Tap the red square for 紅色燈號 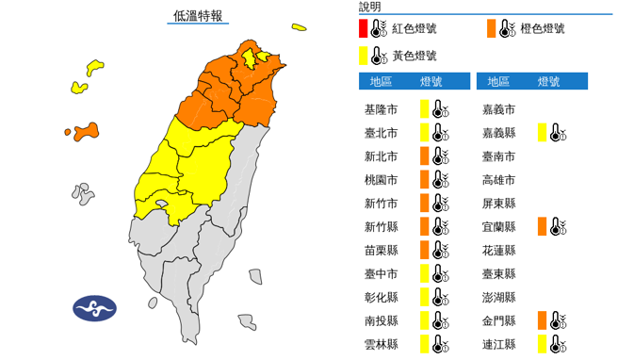point(365,28)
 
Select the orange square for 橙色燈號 point(493,28)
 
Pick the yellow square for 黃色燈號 point(365,56)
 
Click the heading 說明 point(369,7)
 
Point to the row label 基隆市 point(381,109)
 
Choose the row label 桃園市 point(381,180)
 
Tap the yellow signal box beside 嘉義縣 point(543,133)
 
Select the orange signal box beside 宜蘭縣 point(543,227)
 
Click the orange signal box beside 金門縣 point(543,321)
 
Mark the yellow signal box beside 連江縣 point(543,345)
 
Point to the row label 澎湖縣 point(498,298)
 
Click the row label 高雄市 point(498,180)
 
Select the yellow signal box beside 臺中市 point(425,274)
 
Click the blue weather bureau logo point(94,308)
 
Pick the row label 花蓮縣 point(498,251)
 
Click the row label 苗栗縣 point(381,251)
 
